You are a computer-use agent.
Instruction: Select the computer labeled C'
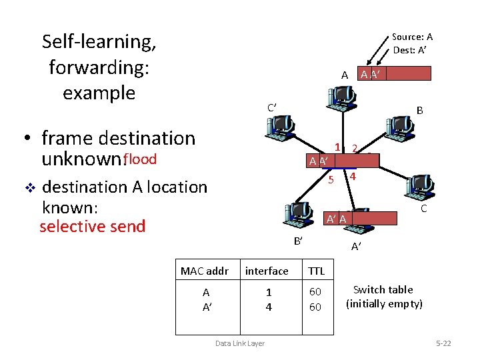click(279, 127)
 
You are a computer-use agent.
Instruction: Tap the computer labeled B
click(399, 126)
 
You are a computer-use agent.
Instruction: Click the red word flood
click(140, 159)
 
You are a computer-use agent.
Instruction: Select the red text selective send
click(92, 227)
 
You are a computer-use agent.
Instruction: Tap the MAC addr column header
click(205, 271)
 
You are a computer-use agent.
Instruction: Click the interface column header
click(267, 271)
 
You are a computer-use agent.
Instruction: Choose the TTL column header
click(316, 271)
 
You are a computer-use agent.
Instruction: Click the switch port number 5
click(330, 179)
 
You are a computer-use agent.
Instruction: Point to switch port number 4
click(353, 177)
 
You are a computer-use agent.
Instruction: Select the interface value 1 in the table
click(269, 292)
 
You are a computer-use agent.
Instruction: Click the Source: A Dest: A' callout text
click(412, 43)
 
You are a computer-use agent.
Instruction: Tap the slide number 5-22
click(443, 343)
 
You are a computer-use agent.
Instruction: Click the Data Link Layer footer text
click(239, 343)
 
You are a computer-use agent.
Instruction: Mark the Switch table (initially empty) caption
click(383, 297)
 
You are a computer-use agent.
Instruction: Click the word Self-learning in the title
click(99, 41)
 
